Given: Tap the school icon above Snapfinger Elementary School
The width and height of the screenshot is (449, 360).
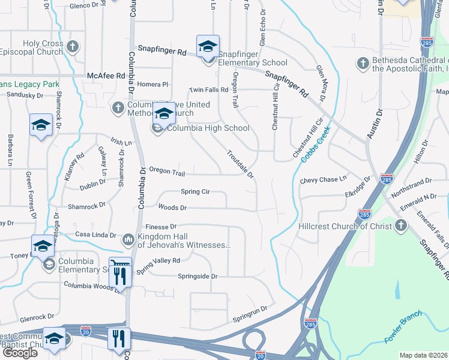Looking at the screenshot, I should (x=208, y=46).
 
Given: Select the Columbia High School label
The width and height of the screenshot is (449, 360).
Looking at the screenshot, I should (x=208, y=128).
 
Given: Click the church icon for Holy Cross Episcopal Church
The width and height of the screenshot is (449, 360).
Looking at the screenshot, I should (x=72, y=46).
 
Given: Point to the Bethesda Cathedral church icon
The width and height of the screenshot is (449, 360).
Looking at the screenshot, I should (x=363, y=62).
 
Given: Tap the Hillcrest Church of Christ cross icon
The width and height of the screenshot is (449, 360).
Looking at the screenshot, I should (x=400, y=226).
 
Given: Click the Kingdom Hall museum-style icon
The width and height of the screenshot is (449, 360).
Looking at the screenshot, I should (x=128, y=240).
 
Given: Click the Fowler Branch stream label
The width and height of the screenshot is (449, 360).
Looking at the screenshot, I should (x=403, y=327).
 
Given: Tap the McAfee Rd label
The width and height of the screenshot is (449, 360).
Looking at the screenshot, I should (x=106, y=76).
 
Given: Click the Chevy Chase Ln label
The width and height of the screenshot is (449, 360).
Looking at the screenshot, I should (x=324, y=179).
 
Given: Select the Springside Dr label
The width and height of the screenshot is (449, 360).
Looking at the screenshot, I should (x=197, y=276).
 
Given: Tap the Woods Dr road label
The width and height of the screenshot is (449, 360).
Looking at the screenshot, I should (x=172, y=208).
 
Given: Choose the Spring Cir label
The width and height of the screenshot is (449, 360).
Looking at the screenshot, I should (x=195, y=191).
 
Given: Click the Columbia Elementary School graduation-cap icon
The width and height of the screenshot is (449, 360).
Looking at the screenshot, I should (x=43, y=245).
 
